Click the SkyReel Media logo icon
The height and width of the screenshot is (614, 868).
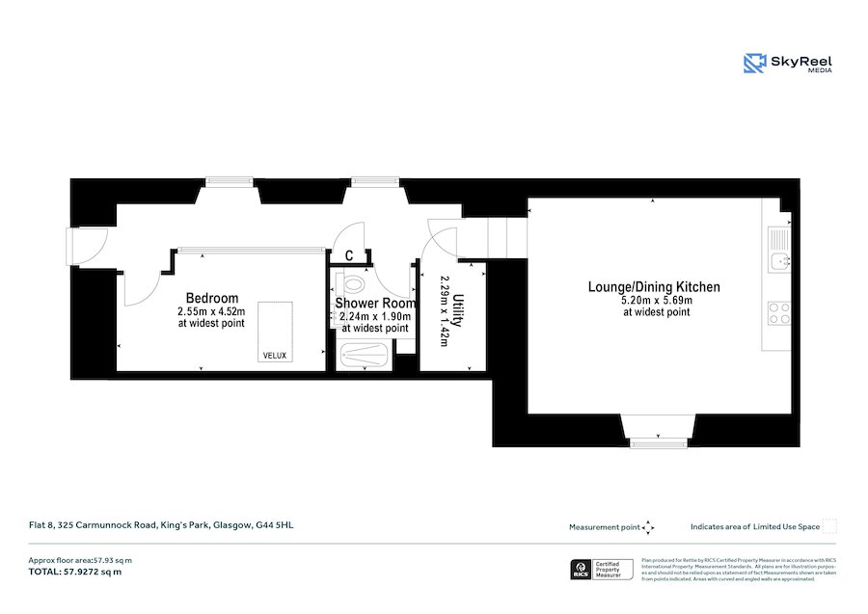click(x=754, y=64)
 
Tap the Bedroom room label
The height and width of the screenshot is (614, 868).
click(x=212, y=298)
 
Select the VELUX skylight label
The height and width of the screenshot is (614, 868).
click(x=275, y=356)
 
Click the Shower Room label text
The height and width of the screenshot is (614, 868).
click(x=375, y=303)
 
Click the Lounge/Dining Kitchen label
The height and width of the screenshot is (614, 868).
click(x=654, y=287)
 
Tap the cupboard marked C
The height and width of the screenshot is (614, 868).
click(x=349, y=255)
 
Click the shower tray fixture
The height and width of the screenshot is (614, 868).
click(x=365, y=356)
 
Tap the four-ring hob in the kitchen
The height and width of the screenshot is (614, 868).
click(x=779, y=312)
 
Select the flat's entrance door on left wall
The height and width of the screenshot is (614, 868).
click(x=74, y=247)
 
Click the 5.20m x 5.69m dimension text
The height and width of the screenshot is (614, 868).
click(x=656, y=301)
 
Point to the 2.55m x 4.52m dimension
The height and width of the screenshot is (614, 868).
click(x=211, y=312)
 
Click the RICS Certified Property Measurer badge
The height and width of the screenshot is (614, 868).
click(x=602, y=571)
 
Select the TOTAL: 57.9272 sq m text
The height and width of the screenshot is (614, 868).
click(x=77, y=573)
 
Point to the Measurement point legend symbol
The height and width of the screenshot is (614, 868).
click(x=648, y=527)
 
